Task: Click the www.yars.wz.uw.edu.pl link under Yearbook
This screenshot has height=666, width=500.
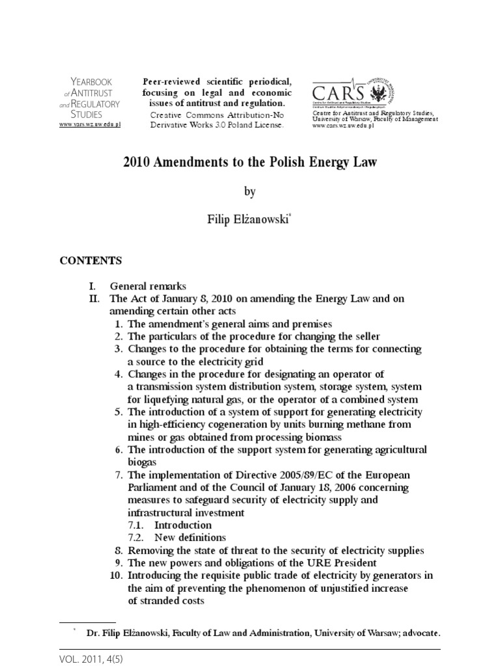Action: pyautogui.click(x=90, y=124)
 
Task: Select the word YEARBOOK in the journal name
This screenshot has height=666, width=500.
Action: pyautogui.click(x=91, y=81)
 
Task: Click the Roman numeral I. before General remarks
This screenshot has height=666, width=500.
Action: pyautogui.click(x=94, y=286)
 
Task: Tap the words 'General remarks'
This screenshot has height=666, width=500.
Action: pyautogui.click(x=148, y=286)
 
